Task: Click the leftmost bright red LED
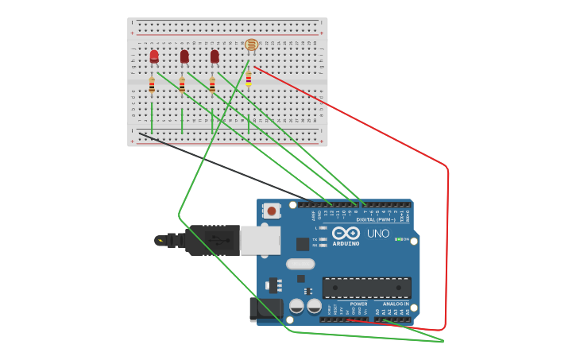click(154, 56)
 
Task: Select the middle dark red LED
click(184, 56)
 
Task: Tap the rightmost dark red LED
click(215, 56)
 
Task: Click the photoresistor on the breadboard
click(251, 45)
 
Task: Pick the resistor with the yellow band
click(249, 78)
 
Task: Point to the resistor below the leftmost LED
click(152, 84)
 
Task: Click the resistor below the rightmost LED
click(212, 84)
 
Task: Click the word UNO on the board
click(378, 234)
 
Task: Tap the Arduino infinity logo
click(346, 234)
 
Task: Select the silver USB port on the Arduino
click(261, 240)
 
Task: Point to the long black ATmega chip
click(366, 288)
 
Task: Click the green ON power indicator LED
click(397, 239)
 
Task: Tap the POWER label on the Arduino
click(359, 304)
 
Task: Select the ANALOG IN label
click(396, 304)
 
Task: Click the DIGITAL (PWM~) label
click(376, 219)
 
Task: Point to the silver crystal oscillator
click(300, 264)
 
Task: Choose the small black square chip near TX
click(303, 244)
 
